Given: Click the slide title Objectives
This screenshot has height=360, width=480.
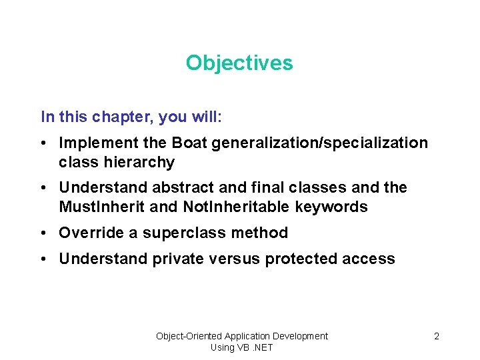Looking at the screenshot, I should (239, 63).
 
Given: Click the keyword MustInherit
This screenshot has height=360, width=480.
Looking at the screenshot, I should (103, 207).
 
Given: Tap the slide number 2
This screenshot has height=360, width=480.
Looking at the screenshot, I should (437, 336).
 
